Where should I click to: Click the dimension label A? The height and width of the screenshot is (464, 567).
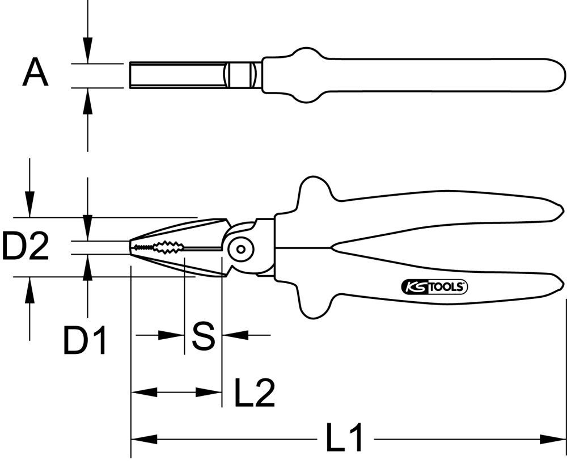[x=35, y=74]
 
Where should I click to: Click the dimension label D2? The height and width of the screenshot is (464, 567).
[x=25, y=247]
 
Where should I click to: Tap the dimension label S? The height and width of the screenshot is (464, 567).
[x=203, y=336]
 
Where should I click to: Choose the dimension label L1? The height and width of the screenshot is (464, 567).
[x=345, y=438]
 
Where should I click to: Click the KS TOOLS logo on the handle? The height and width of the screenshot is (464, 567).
[x=434, y=288]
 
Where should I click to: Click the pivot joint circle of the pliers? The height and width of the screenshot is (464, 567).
[x=240, y=248]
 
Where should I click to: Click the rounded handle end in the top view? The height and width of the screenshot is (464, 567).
[x=553, y=74]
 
